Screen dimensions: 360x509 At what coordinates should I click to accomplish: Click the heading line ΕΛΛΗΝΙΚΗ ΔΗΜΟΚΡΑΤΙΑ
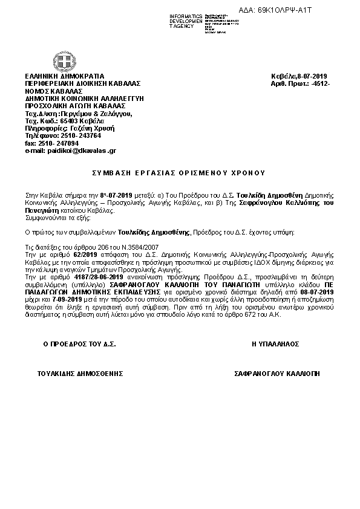tap(65, 75)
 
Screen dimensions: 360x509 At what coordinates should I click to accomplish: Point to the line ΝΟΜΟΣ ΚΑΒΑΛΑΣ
tap(53, 90)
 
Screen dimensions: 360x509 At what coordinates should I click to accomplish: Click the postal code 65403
tap(70, 120)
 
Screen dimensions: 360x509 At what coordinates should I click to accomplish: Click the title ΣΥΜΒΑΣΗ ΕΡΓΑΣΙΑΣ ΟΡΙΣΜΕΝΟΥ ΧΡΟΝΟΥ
tap(178, 173)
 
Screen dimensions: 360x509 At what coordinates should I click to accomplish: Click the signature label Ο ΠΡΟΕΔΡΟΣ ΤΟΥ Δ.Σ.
tap(80, 343)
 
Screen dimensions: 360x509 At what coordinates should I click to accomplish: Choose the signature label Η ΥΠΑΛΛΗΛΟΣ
tap(275, 343)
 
